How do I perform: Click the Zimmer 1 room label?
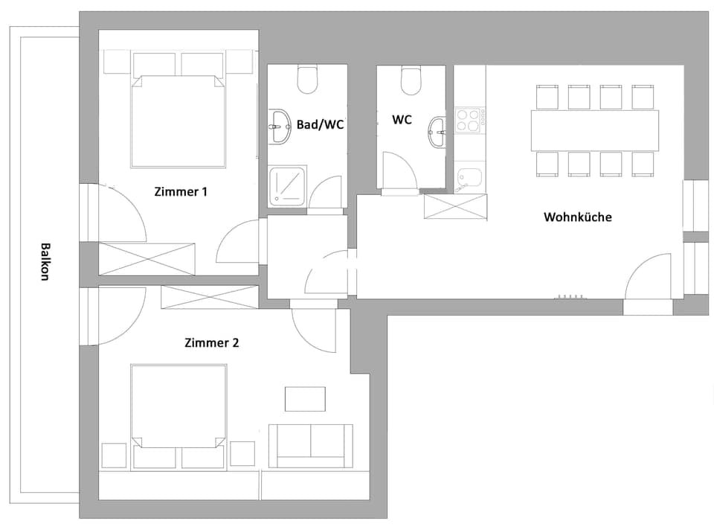(x=181, y=191)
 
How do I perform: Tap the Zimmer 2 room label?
(x=211, y=343)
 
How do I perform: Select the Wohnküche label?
(x=578, y=217)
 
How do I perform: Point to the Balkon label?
(x=45, y=261)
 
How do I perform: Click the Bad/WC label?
(x=320, y=124)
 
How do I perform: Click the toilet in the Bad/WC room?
(x=307, y=79)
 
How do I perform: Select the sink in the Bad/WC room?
(x=280, y=127)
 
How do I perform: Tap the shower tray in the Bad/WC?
(x=287, y=185)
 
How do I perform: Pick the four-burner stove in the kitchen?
(x=470, y=120)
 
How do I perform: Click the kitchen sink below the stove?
(x=469, y=177)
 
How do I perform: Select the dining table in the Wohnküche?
(x=594, y=130)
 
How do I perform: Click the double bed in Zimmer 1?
(x=178, y=119)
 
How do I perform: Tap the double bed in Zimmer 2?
(x=178, y=406)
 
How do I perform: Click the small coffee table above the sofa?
(x=305, y=399)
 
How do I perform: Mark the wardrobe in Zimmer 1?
(x=147, y=258)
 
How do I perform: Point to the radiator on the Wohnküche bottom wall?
(x=569, y=297)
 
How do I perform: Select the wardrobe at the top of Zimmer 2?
(x=209, y=297)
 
